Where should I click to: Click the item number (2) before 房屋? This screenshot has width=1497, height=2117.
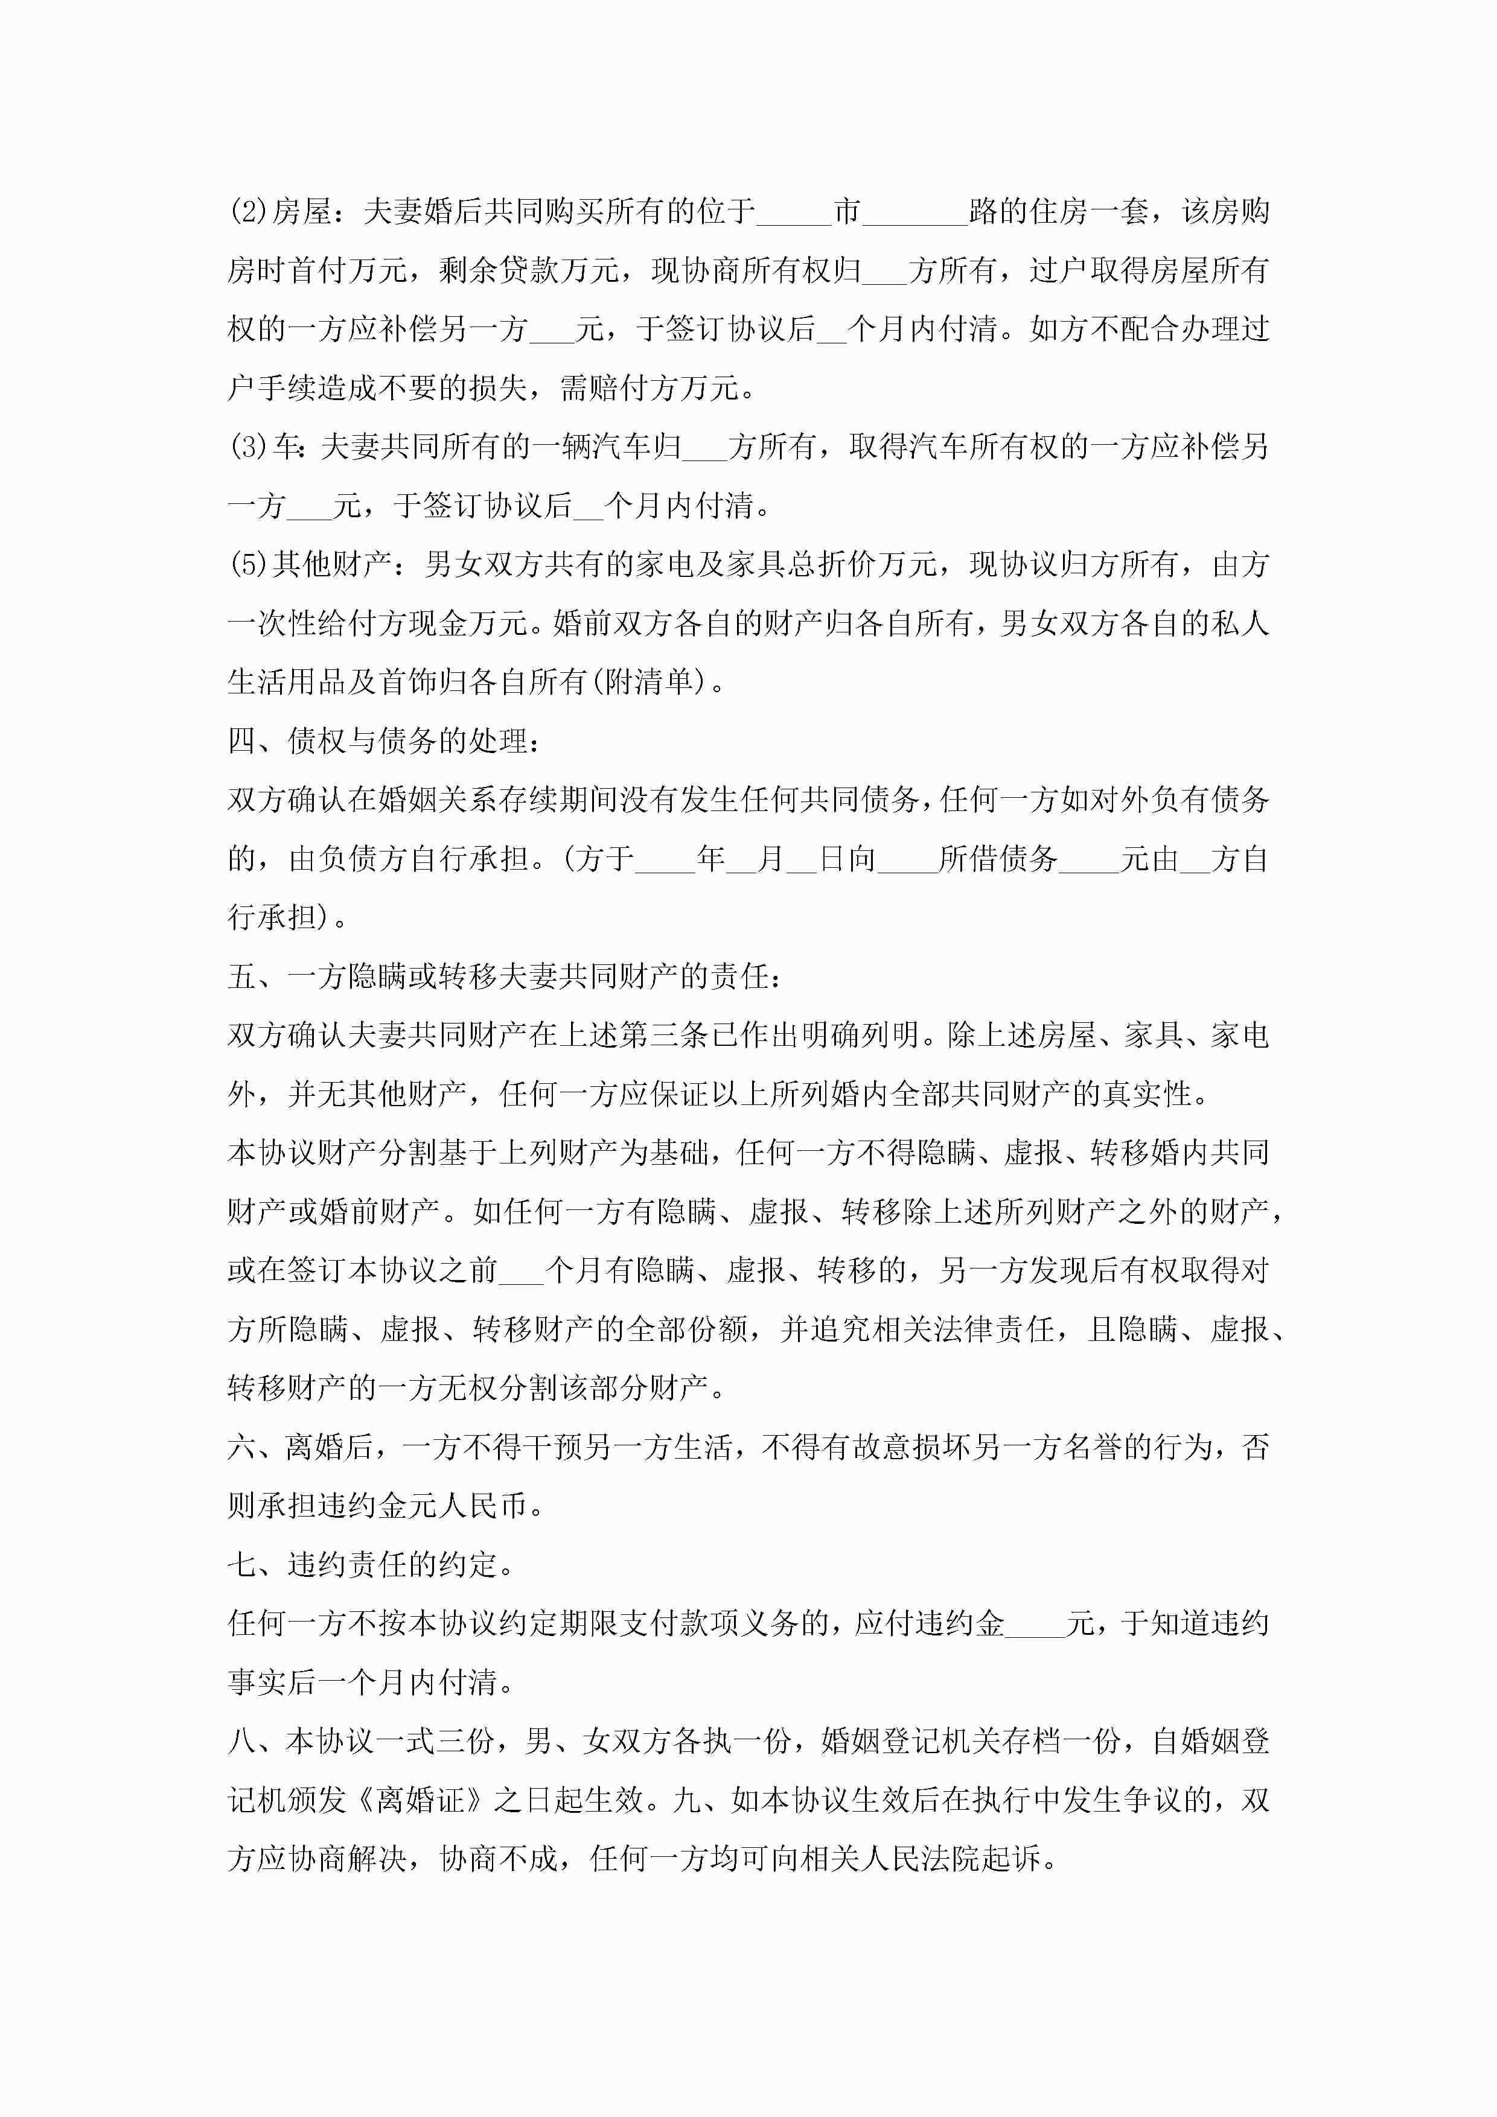[x=248, y=212]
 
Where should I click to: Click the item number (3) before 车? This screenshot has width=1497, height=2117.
[x=248, y=447]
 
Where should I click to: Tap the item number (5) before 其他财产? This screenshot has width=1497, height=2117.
[x=248, y=564]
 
